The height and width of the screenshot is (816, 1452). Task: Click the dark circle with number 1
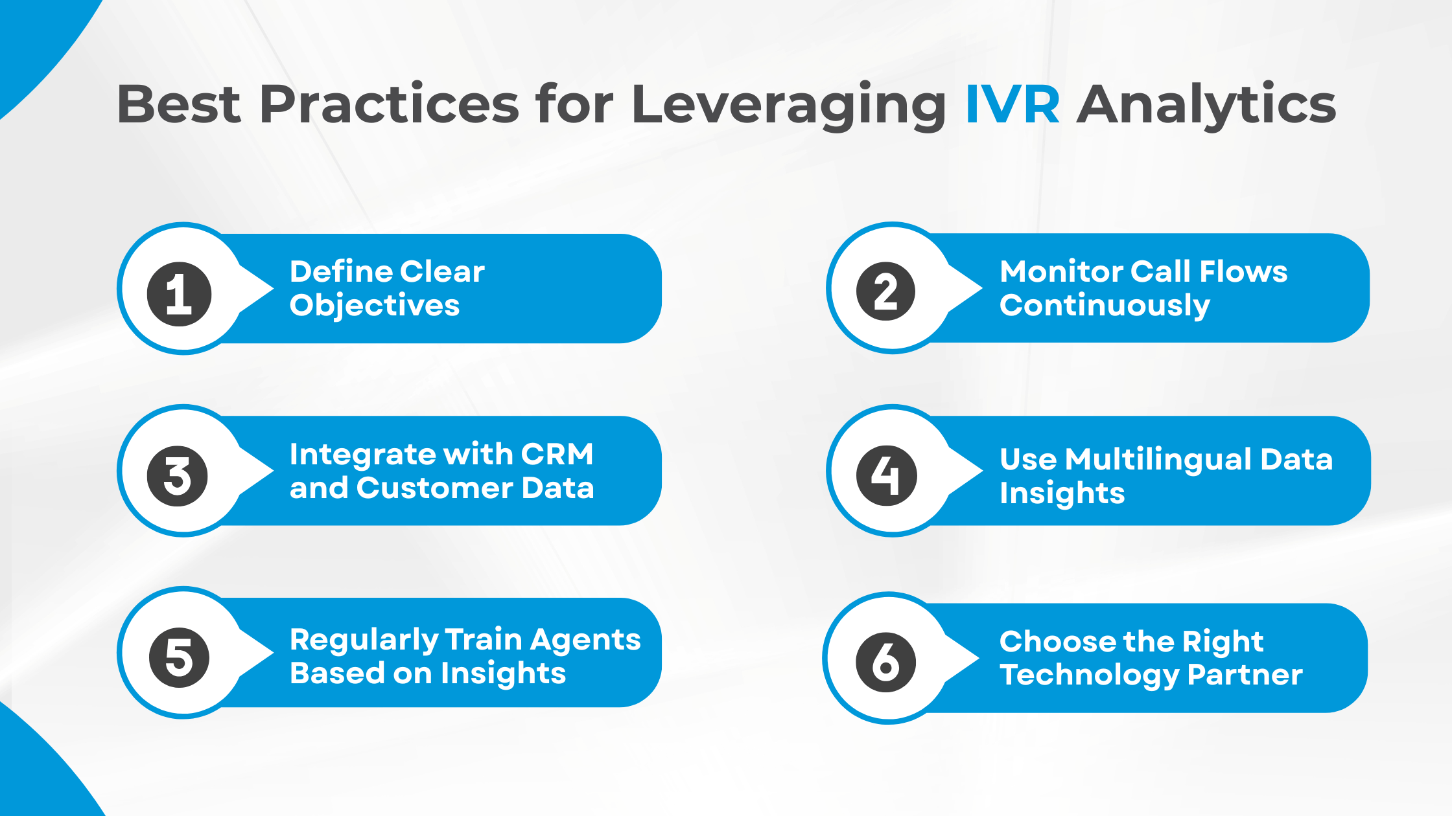pos(180,294)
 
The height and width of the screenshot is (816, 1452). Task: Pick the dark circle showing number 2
pos(885,291)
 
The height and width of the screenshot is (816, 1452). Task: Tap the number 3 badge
pos(178,476)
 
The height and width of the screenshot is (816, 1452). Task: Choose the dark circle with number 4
pos(886,475)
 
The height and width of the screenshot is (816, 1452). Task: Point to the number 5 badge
pos(179,657)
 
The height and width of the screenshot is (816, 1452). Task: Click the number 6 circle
pos(885,662)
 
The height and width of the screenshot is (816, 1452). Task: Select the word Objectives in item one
pos(375,306)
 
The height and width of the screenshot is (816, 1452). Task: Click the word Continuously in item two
pos(1105,306)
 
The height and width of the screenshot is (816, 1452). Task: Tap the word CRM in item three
pos(557,454)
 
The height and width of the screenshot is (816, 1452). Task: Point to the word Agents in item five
pos(585,640)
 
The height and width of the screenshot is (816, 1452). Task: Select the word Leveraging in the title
pos(788,105)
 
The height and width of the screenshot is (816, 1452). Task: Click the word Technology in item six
pos(1089,675)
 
